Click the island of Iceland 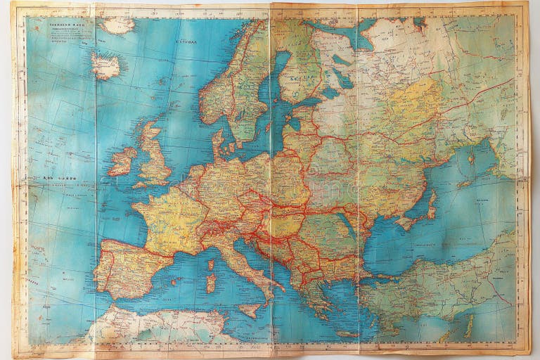[x=106, y=66]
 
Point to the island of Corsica [x=210, y=266]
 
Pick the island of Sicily [x=250, y=310]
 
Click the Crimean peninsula [x=408, y=221]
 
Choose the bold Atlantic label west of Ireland [x=60, y=179]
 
